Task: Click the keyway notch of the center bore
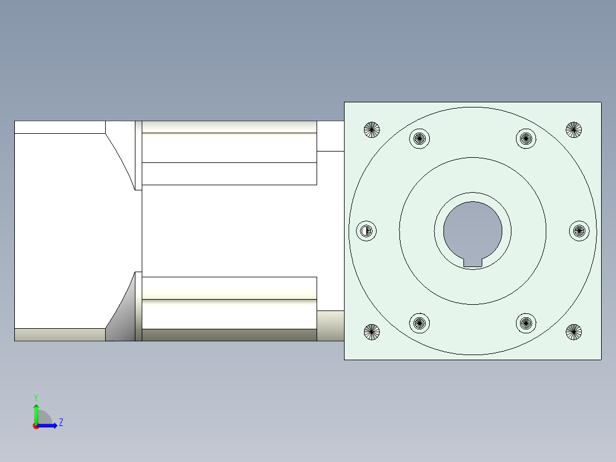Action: point(473,262)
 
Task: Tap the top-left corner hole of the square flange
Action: point(372,130)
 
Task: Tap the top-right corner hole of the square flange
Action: point(574,130)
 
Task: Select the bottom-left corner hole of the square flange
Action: point(372,332)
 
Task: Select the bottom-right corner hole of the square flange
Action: point(574,332)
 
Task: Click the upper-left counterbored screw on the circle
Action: point(420,138)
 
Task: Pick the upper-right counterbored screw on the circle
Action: point(526,138)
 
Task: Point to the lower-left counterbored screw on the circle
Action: point(420,323)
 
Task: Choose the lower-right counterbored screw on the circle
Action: point(526,323)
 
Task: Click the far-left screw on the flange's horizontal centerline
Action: point(366,231)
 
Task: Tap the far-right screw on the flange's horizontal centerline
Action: point(579,230)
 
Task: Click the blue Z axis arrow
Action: point(49,425)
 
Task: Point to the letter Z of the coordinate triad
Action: point(61,423)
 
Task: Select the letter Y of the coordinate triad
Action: point(36,397)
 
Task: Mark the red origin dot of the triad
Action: point(36,426)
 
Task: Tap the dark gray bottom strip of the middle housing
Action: point(229,335)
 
